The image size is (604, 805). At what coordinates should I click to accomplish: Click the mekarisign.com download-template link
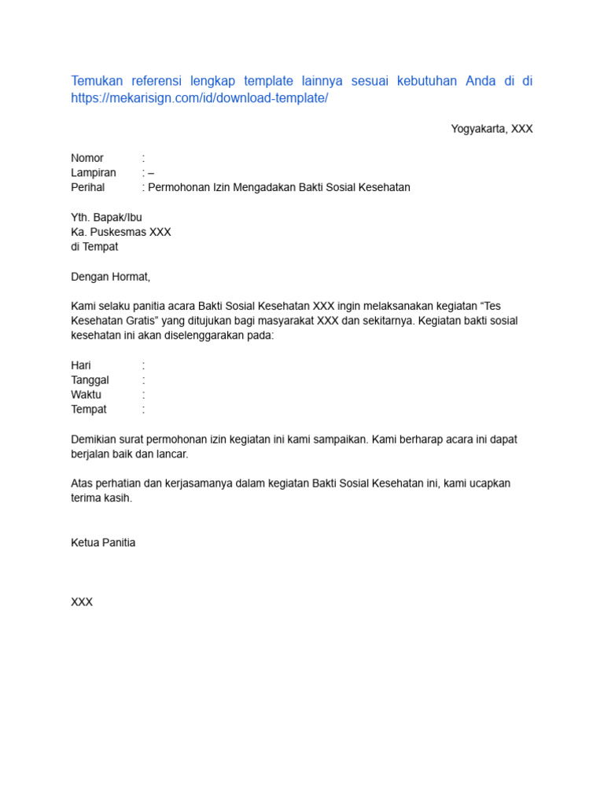(199, 98)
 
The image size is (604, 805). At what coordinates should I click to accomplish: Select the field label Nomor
(87, 158)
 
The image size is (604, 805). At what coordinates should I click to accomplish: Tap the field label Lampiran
(94, 173)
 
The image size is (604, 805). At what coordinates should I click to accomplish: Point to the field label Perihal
(88, 188)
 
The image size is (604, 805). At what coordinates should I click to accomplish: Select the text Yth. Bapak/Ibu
(107, 218)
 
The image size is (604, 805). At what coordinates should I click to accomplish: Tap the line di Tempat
(94, 247)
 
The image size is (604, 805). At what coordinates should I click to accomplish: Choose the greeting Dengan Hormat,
(110, 277)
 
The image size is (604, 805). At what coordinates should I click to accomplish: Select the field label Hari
(81, 366)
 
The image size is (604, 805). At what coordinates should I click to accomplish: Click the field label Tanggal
(90, 380)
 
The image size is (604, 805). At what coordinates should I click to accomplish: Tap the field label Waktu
(86, 395)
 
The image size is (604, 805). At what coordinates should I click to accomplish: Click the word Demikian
(94, 439)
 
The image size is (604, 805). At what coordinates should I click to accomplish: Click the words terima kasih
(102, 498)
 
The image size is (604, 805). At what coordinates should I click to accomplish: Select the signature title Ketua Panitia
(103, 543)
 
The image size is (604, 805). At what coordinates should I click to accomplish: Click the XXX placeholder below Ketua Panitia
(82, 602)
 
